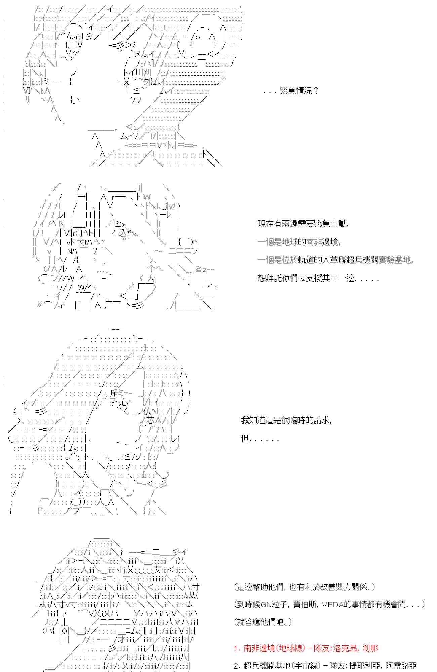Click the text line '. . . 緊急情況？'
290,91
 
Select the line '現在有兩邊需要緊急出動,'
303,224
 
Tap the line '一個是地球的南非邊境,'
299,242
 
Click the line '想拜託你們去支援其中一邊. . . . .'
318,278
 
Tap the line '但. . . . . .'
260,438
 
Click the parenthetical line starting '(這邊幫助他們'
305,587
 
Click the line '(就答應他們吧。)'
263,622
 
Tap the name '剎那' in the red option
370,648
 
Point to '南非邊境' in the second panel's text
322,242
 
